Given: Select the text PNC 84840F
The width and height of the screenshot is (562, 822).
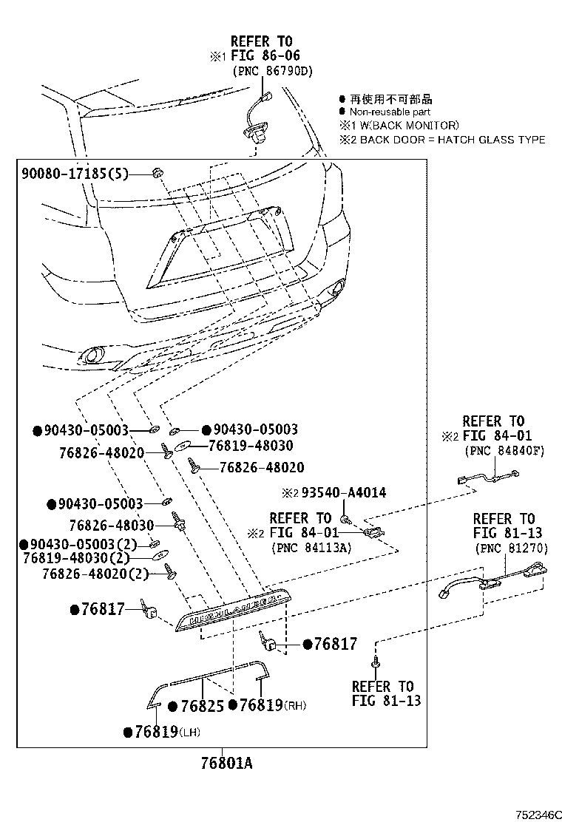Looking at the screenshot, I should pos(504,451).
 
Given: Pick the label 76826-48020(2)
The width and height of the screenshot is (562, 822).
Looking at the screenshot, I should pos(96,574).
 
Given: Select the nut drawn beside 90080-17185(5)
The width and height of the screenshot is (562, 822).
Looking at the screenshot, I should pos(157,173).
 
